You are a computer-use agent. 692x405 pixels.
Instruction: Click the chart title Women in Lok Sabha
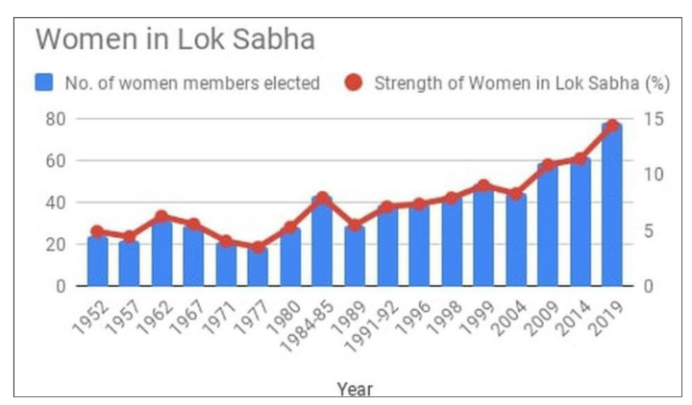tap(175, 41)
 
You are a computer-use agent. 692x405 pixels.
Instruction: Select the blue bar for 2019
tap(612, 205)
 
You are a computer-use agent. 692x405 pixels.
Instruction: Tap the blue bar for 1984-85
tap(323, 242)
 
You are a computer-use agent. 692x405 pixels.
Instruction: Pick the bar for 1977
tap(259, 268)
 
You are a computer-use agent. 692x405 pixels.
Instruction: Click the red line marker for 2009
tap(548, 166)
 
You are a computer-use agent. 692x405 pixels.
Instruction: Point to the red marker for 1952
tap(97, 231)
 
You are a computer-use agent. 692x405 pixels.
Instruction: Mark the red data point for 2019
tap(612, 126)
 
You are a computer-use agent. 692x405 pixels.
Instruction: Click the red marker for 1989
tap(355, 226)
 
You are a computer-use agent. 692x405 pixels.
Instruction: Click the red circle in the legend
tap(353, 83)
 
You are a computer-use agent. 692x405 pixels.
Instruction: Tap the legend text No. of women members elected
tap(192, 83)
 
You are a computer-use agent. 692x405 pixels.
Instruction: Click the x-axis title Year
tap(355, 389)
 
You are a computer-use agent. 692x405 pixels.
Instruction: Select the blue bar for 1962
tap(161, 253)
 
